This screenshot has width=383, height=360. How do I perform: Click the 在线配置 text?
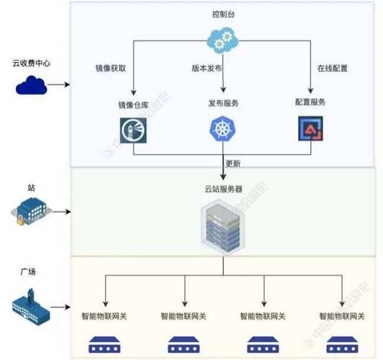point(333,70)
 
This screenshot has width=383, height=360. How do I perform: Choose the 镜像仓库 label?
point(134,105)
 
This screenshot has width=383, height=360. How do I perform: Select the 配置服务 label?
point(310,102)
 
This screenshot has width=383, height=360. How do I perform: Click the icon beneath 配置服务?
point(310,129)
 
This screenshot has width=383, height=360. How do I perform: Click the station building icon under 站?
point(30,211)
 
